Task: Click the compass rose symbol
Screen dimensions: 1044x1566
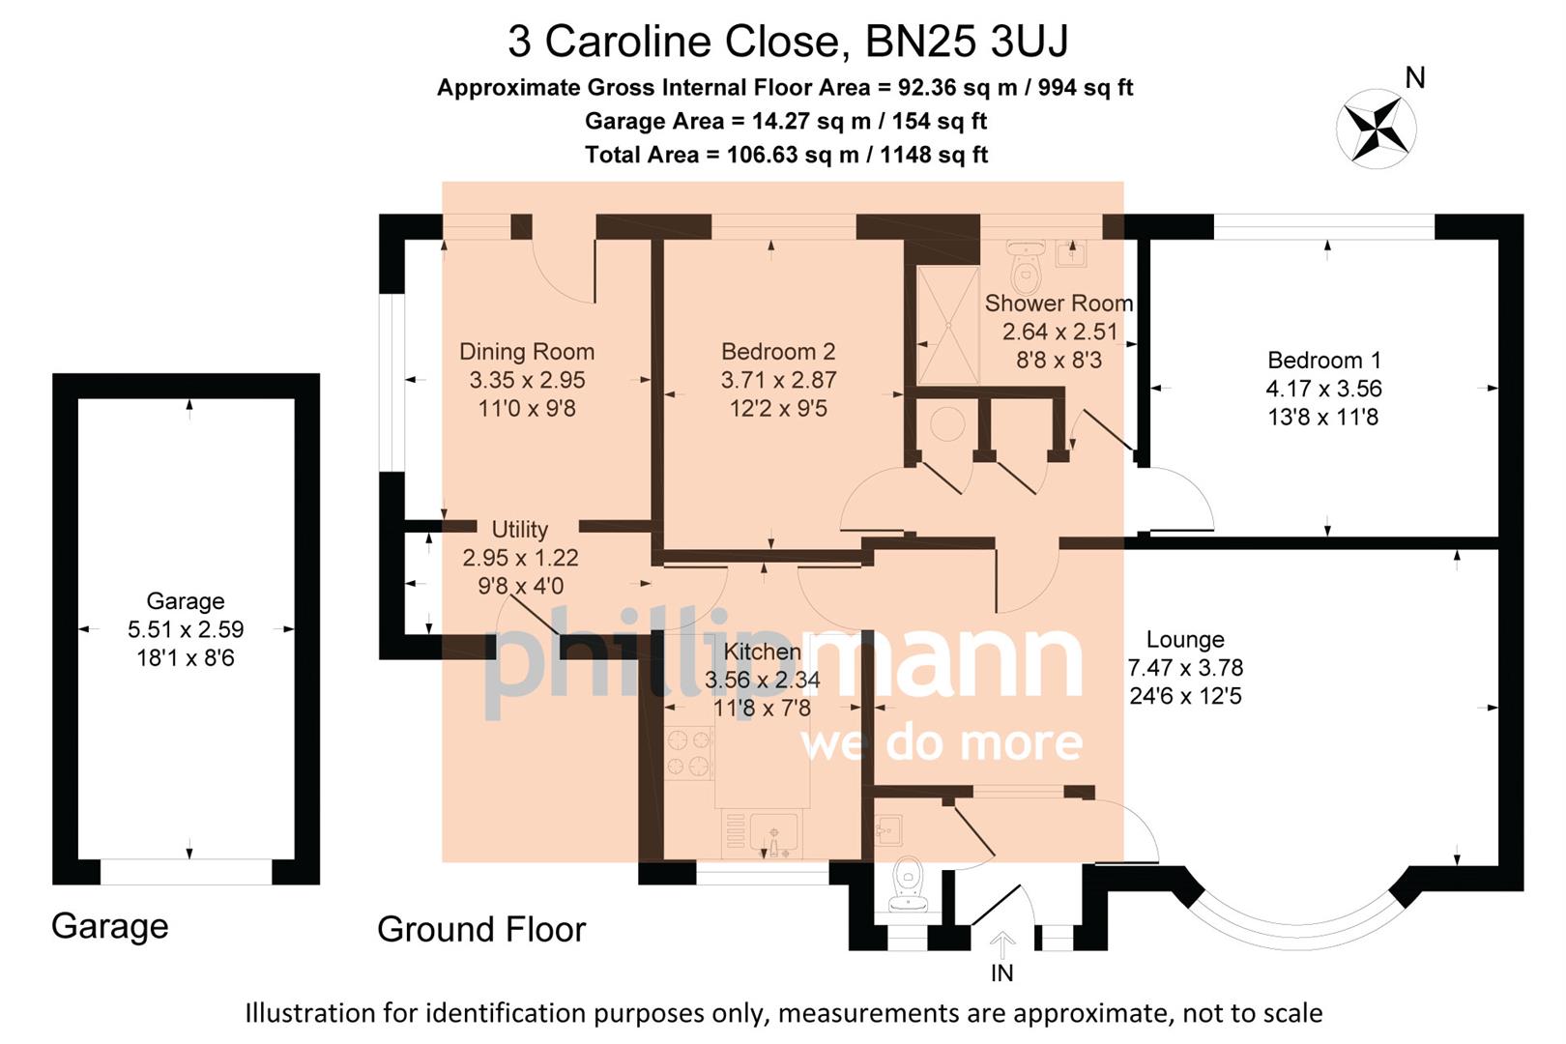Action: point(1377,129)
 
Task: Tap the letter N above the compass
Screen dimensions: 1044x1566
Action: point(1415,78)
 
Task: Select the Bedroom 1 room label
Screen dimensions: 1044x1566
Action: point(1323,361)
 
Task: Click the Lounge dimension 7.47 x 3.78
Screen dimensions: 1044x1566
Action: point(1185,668)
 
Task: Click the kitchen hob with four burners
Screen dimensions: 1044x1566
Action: point(689,753)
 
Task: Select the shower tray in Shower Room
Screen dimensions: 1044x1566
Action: point(947,325)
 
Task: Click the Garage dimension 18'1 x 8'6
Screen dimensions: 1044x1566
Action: point(185,658)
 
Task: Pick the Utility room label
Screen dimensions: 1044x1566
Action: point(519,530)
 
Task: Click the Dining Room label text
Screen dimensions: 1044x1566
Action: point(526,352)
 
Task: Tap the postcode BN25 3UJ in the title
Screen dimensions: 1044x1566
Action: point(966,42)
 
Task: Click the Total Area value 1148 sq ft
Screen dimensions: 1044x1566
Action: point(933,155)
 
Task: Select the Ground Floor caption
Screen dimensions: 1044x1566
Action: point(480,930)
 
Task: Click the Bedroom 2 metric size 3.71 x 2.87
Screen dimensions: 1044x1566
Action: point(778,381)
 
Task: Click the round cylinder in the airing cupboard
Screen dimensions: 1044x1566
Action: point(946,423)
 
